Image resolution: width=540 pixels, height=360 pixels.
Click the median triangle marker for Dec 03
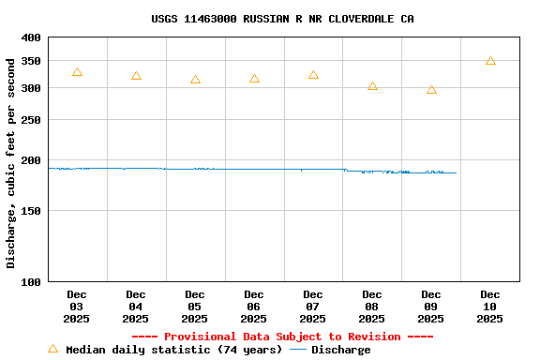pyautogui.click(x=77, y=72)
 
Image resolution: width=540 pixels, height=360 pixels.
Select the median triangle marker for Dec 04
pyautogui.click(x=136, y=76)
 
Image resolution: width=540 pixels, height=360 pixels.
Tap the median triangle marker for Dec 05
pyautogui.click(x=195, y=80)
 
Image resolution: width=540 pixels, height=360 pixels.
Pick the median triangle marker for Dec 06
pyautogui.click(x=254, y=79)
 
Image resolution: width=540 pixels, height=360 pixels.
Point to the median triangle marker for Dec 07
pyautogui.click(x=313, y=75)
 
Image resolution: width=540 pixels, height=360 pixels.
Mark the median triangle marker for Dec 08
pyautogui.click(x=372, y=86)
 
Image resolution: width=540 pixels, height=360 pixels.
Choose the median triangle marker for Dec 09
pyautogui.click(x=431, y=90)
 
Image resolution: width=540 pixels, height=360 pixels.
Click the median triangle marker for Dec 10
pyautogui.click(x=490, y=61)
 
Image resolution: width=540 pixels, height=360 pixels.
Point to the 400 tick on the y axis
pyautogui.click(x=31, y=38)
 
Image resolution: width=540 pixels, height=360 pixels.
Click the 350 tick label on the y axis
pyautogui.click(x=31, y=61)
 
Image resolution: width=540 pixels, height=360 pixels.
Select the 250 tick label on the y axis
pyautogui.click(x=31, y=120)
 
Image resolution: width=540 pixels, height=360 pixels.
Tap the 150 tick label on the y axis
pyautogui.click(x=31, y=211)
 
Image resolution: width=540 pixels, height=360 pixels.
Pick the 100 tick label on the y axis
pyautogui.click(x=31, y=281)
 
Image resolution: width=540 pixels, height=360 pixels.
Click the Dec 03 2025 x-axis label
pyautogui.click(x=77, y=307)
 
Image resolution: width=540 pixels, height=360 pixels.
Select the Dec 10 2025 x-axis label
pyautogui.click(x=490, y=307)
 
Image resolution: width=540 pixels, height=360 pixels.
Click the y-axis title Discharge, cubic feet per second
pyautogui.click(x=11, y=163)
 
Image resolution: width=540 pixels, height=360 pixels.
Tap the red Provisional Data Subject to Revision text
pyautogui.click(x=282, y=337)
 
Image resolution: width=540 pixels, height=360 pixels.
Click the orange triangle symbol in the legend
pyautogui.click(x=52, y=349)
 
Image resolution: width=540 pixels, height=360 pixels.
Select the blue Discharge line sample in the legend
pyautogui.click(x=298, y=350)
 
